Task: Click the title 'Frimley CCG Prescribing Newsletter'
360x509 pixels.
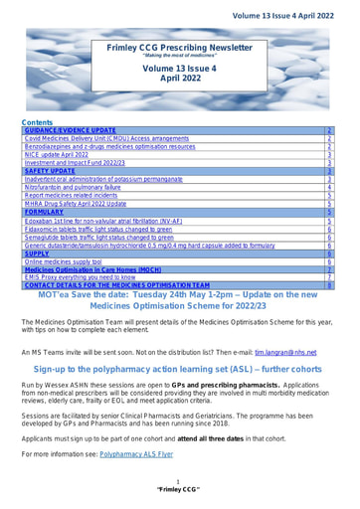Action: click(179, 47)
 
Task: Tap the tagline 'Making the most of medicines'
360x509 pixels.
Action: click(179, 56)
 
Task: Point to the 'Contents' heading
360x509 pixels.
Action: click(37, 121)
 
